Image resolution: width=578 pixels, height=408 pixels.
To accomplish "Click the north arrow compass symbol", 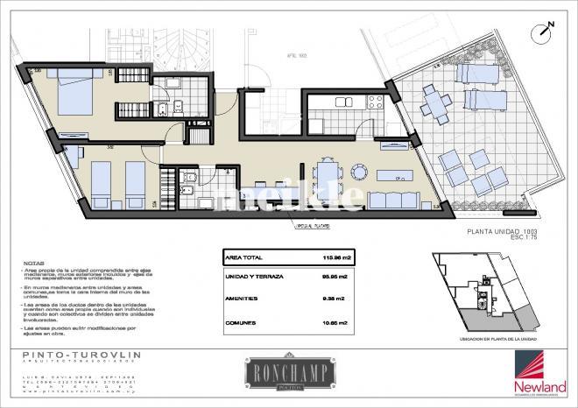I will [544, 31].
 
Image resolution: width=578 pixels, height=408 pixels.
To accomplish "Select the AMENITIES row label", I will [241, 299].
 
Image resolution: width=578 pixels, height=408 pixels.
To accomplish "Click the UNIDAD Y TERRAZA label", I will [254, 278].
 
